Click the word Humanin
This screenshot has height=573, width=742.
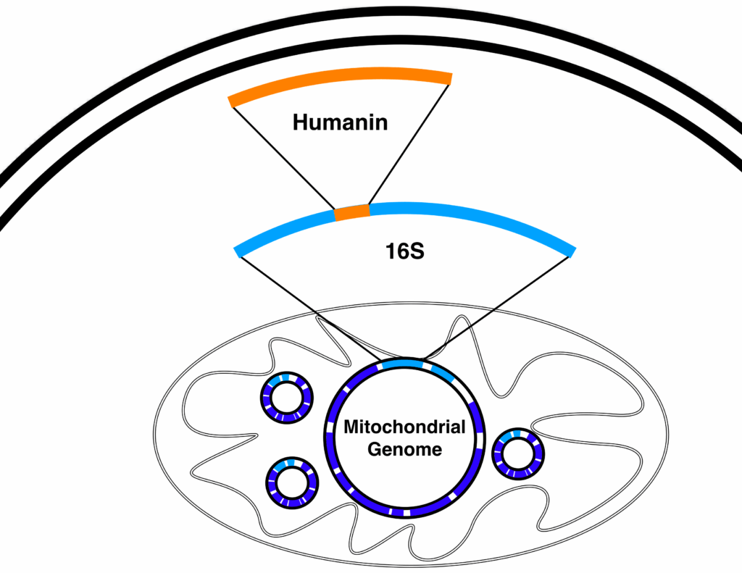340,122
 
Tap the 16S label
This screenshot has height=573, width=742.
403,253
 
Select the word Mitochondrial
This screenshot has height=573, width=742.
404,427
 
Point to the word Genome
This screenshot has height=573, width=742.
404,449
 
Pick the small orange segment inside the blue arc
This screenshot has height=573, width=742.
352,212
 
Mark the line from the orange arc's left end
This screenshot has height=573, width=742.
283,155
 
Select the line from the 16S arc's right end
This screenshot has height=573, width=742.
500,304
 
